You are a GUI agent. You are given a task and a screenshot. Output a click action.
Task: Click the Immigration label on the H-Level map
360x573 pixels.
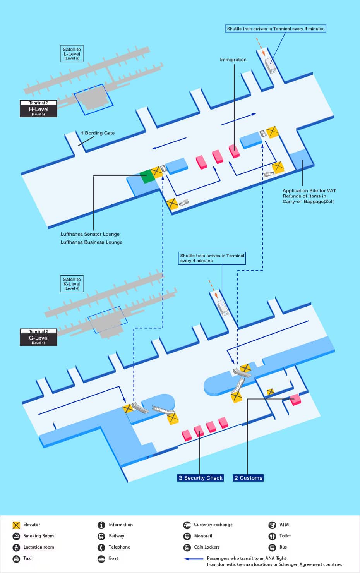point(233,60)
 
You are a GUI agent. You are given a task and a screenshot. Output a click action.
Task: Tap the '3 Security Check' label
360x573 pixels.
point(201,478)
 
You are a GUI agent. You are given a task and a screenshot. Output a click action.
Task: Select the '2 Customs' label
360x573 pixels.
point(248,478)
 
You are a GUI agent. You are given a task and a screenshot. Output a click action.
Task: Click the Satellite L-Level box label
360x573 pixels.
point(72,53)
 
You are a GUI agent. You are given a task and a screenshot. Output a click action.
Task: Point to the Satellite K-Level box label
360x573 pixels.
point(72,283)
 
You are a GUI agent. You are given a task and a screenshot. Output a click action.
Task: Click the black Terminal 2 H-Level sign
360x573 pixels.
point(38,108)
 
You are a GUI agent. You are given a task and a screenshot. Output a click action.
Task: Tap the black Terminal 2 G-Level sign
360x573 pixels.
point(38,337)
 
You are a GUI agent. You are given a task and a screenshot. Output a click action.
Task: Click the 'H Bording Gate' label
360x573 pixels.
point(97,133)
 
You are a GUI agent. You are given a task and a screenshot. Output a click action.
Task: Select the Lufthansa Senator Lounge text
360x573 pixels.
point(90,234)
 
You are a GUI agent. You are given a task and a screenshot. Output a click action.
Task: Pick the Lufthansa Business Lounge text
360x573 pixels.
point(91,242)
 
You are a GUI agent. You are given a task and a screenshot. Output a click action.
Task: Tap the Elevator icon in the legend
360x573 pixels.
point(16,525)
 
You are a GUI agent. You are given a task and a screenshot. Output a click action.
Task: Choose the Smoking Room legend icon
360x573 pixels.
point(16,536)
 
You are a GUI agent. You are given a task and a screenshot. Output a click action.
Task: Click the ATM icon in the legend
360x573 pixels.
point(272,525)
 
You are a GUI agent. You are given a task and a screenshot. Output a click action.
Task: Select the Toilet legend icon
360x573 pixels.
point(272,536)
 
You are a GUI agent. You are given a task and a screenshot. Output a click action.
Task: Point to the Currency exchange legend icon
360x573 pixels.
point(187,525)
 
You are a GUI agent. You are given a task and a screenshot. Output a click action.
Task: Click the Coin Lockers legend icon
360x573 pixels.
point(187,547)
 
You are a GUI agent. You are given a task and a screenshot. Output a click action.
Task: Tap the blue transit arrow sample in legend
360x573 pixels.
point(193,559)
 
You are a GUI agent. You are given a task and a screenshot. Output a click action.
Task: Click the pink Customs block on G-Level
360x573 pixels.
point(295,399)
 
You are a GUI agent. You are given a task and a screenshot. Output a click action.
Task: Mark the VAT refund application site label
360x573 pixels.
point(309,196)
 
